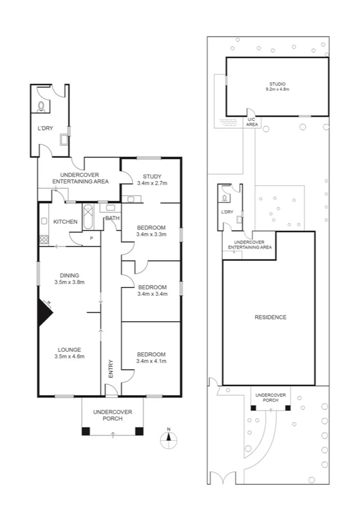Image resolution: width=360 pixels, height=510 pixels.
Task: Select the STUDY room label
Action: coord(151,179)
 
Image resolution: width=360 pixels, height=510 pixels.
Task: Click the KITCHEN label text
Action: coord(66,222)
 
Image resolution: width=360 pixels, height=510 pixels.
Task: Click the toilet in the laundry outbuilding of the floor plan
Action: coord(41,106)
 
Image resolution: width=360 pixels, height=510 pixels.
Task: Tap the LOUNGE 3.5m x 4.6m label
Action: coord(70,353)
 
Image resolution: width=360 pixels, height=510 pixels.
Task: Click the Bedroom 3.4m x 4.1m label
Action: coord(151,357)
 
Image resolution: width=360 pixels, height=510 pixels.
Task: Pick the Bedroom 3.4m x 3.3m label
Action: coord(151,230)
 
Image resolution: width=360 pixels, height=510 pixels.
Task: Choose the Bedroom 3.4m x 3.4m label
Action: coord(151,290)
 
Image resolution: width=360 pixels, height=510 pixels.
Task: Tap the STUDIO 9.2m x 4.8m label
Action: coord(277,86)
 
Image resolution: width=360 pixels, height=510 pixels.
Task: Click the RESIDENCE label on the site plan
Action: coord(270,317)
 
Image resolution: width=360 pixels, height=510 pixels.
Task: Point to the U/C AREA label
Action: coord(252,122)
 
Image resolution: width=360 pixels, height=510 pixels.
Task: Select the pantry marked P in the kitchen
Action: coord(91,238)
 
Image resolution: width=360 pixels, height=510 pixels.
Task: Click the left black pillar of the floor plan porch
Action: coord(87,431)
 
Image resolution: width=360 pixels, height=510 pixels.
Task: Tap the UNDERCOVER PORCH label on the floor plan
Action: coord(112,415)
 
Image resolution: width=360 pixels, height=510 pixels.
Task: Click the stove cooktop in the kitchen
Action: coord(44,239)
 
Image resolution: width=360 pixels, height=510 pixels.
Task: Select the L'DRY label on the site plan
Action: coord(227,212)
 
